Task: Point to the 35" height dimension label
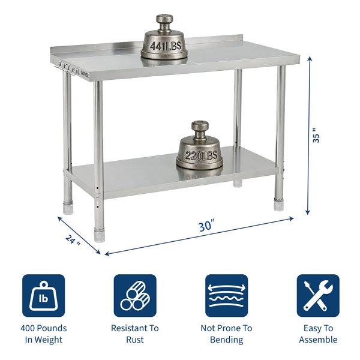click(x=316, y=135)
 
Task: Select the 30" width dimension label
click(x=206, y=225)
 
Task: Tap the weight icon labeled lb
click(x=43, y=295)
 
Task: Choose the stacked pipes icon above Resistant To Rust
click(x=135, y=295)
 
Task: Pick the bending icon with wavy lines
click(x=226, y=295)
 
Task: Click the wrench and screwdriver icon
click(x=318, y=295)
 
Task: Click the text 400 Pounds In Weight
click(x=44, y=334)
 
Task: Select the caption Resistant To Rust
click(x=135, y=334)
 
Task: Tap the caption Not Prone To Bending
click(x=227, y=334)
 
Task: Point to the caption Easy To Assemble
click(x=318, y=334)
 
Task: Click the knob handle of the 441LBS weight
click(x=164, y=22)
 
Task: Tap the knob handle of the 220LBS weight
click(x=200, y=128)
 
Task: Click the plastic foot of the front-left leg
click(x=100, y=235)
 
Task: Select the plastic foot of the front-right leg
click(x=279, y=205)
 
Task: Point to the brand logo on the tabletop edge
click(x=85, y=74)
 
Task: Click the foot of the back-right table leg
click(x=238, y=183)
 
